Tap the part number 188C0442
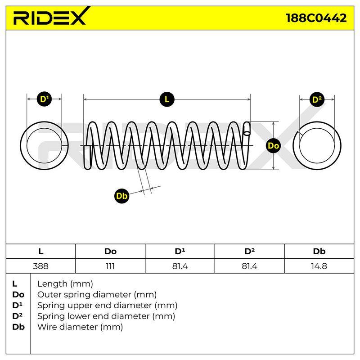[316, 18]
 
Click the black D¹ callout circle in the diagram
[44, 99]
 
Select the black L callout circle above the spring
[167, 99]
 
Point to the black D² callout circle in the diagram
[317, 99]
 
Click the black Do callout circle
[273, 145]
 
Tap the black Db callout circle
[121, 196]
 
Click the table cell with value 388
[40, 266]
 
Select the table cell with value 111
[110, 266]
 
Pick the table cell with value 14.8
[319, 266]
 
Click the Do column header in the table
[110, 252]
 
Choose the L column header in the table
[40, 252]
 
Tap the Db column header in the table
[319, 252]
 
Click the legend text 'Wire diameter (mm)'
[80, 327]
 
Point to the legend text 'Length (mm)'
[65, 284]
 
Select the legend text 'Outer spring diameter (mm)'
[97, 295]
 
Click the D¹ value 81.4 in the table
[180, 266]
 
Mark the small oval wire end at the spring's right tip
[247, 133]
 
